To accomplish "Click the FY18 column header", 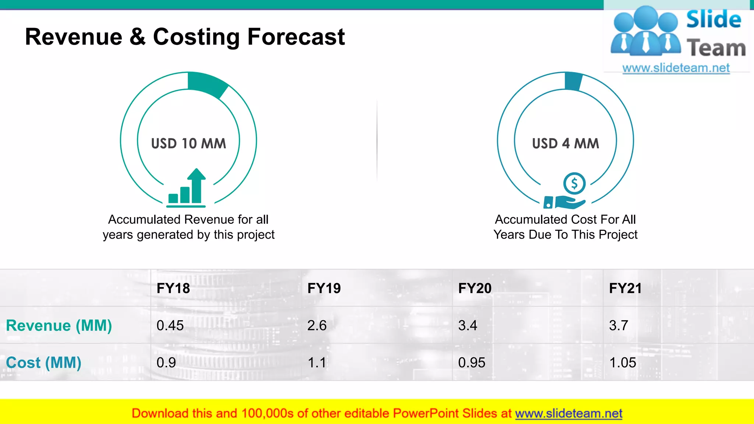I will click(x=173, y=288).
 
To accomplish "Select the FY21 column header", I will click(x=625, y=288).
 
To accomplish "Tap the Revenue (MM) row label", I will click(x=59, y=326).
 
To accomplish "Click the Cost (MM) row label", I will click(x=43, y=363).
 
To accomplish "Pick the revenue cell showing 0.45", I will click(x=170, y=326).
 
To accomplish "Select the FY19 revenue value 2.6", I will click(x=317, y=326).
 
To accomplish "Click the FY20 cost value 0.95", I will click(x=471, y=363).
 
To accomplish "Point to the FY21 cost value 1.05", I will click(x=623, y=363).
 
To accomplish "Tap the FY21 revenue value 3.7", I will click(x=618, y=326).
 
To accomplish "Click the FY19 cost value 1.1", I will click(x=317, y=363).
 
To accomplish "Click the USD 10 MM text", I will click(x=188, y=144).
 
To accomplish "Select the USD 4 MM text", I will click(x=565, y=144).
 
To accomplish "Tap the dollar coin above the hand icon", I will click(x=574, y=183).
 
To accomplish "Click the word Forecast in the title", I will click(x=296, y=37).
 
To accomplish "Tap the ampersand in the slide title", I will click(x=137, y=37).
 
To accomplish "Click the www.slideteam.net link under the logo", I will click(x=676, y=68).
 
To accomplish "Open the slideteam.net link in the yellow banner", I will click(x=568, y=414).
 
